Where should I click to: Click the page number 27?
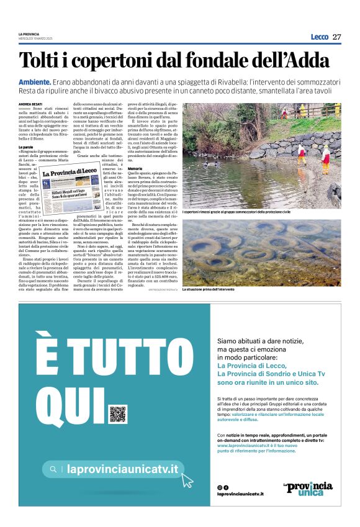coord(336,37)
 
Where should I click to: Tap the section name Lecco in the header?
coord(319,37)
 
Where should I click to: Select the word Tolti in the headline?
coord(41,61)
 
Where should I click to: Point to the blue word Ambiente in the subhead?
coord(35,82)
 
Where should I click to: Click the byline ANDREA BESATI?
coord(30,104)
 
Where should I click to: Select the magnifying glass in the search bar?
coord(54,469)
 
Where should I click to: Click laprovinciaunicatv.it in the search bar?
coord(122,469)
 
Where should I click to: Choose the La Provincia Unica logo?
coord(307,488)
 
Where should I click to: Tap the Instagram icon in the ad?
coord(219,487)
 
